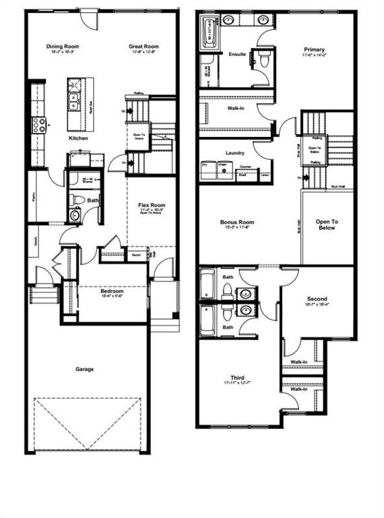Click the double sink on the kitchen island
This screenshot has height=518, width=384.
tap(73, 101)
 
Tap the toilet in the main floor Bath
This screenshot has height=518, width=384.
tap(77, 200)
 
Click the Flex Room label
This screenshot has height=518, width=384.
tap(152, 205)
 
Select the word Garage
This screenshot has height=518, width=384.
tap(84, 369)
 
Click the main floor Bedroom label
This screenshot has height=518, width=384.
tap(112, 291)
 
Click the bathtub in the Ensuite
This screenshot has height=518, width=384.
tap(209, 33)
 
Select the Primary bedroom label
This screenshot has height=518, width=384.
tap(313, 50)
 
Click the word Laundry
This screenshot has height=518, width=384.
tap(235, 152)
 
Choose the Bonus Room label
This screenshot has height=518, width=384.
tap(236, 222)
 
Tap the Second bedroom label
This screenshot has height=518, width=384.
tap(317, 298)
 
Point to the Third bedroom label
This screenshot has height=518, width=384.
tap(236, 378)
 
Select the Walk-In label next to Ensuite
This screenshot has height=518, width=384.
tap(235, 108)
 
